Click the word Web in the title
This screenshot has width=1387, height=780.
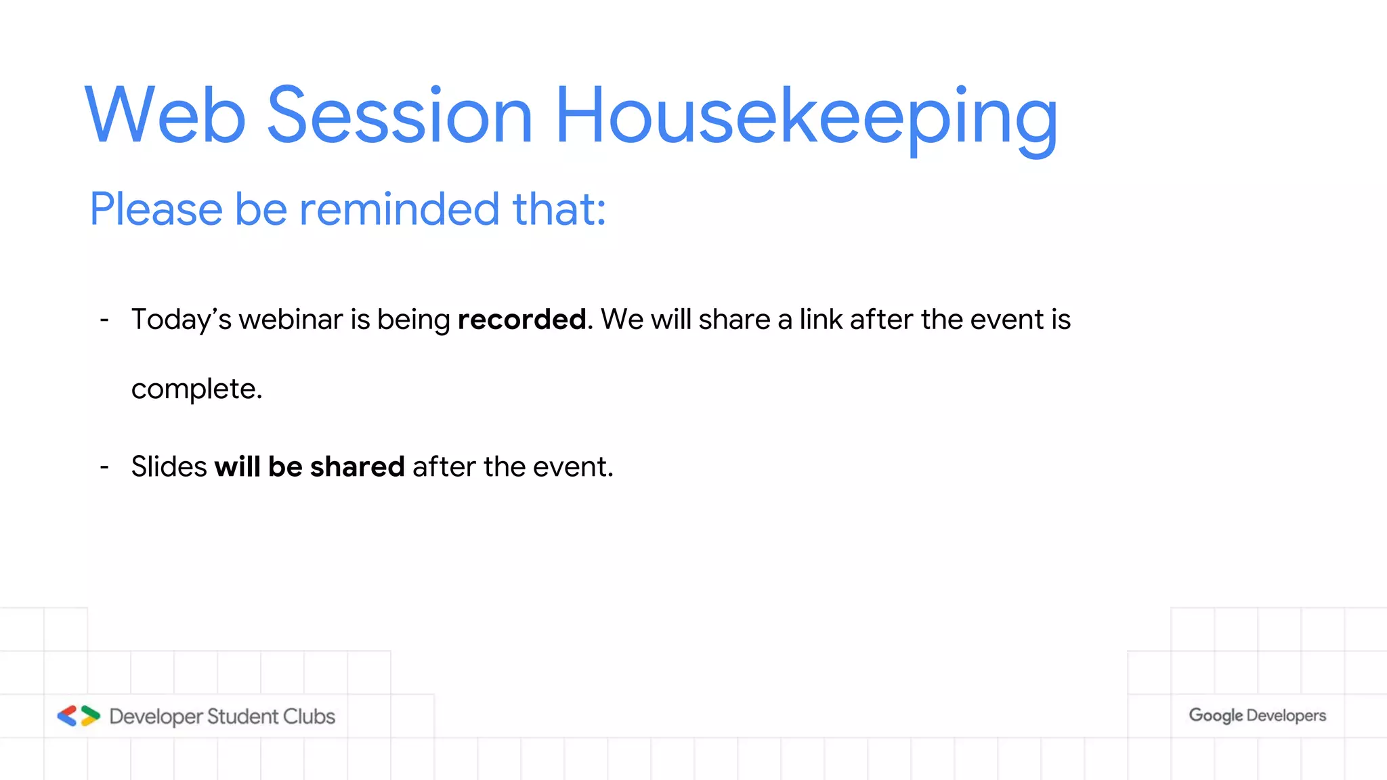[165, 115]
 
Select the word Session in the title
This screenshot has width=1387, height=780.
[400, 115]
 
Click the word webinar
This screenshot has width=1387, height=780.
[291, 320]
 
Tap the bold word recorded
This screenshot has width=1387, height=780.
[521, 320]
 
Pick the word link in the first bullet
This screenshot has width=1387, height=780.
[821, 320]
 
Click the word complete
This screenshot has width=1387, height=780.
[196, 389]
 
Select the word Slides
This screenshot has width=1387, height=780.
[169, 467]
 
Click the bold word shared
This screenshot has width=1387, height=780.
[357, 467]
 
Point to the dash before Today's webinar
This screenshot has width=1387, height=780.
[104, 320]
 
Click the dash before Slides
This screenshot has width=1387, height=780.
[104, 467]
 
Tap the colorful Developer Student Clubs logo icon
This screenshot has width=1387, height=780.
[79, 716]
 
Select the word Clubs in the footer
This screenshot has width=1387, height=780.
[309, 716]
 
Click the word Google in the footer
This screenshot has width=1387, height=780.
[1216, 716]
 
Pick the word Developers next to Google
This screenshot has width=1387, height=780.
[1286, 716]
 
